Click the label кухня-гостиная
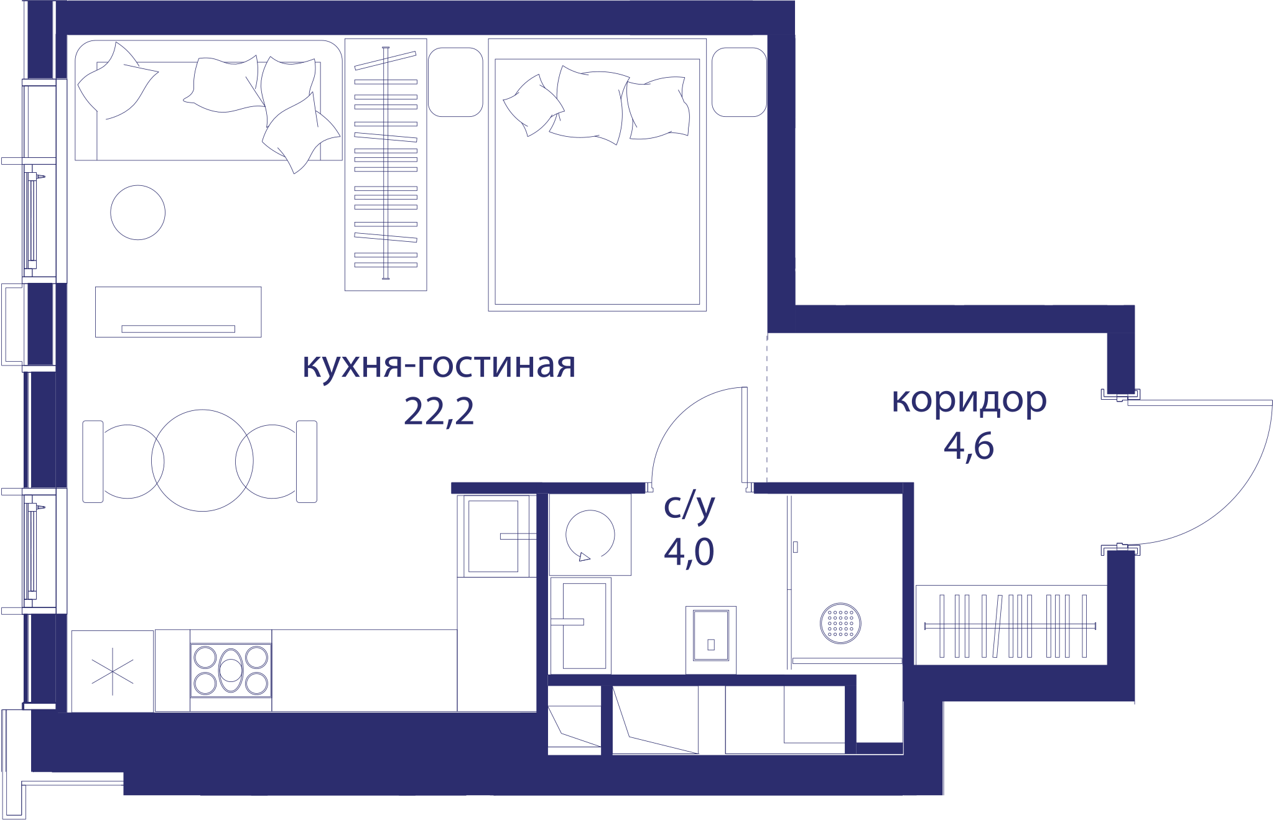click(439, 366)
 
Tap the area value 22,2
click(439, 412)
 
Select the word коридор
click(969, 401)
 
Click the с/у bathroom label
click(689, 507)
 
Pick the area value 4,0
click(689, 551)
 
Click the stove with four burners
click(231, 670)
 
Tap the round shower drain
click(840, 623)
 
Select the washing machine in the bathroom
click(590, 535)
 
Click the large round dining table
click(202, 461)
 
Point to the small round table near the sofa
click(138, 213)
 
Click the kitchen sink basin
click(493, 536)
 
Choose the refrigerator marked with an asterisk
click(113, 671)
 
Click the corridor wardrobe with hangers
click(1011, 625)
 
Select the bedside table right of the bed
click(739, 82)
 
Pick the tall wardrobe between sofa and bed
click(386, 165)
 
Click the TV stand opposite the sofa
click(179, 312)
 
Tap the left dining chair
click(93, 461)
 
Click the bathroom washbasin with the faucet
click(580, 625)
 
